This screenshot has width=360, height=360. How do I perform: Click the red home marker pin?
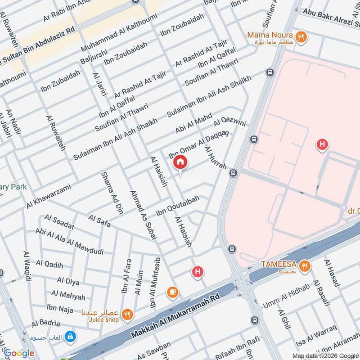point(180,162)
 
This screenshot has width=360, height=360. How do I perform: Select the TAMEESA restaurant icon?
point(305,266)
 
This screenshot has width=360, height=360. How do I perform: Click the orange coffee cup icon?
point(172,292)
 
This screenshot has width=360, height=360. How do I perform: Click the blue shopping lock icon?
point(70,336)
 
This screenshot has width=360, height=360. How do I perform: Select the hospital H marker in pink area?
point(322,145)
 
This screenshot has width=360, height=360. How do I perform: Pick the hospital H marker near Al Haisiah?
point(197,272)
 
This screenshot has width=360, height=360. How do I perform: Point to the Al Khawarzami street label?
point(48,196)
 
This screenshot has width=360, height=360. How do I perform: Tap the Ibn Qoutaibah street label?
point(177,206)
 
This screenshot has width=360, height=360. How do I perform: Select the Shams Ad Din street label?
point(112,192)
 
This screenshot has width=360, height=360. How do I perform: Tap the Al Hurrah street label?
point(216,157)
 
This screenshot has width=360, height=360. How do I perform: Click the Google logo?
point(19,353)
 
